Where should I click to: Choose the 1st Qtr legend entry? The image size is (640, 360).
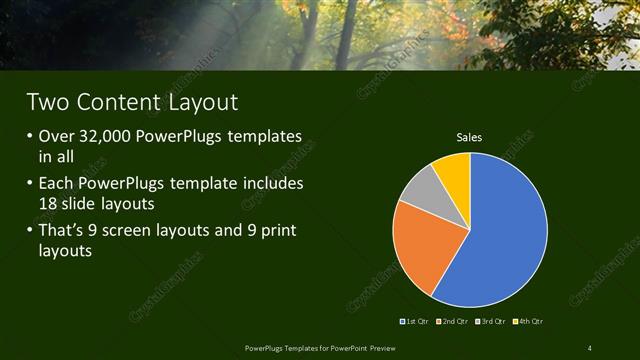(x=415, y=321)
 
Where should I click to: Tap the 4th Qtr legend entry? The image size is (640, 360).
(x=530, y=321)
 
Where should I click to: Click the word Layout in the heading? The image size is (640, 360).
(x=201, y=102)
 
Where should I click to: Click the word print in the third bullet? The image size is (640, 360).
(x=274, y=232)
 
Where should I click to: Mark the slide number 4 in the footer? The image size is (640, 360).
(x=589, y=348)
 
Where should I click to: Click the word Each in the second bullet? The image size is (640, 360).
(x=57, y=185)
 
